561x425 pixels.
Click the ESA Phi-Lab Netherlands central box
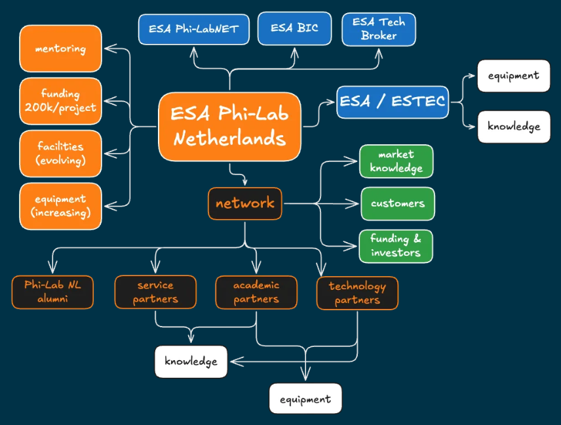pos(229,127)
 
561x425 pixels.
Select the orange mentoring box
pos(60,49)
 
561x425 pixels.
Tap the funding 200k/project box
pos(60,101)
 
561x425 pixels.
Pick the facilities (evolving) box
pos(60,153)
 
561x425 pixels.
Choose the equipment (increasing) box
pos(60,206)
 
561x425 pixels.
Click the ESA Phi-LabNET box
pos(193,30)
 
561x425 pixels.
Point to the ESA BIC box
pos(294,28)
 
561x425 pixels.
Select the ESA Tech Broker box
pos(379,30)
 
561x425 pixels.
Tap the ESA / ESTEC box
pos(392,102)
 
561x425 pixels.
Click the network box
pos(245,203)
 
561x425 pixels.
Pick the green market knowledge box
pos(396,161)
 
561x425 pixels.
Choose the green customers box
pos(397,203)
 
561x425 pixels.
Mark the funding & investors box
pos(396,246)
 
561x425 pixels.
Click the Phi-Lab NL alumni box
pos(52,293)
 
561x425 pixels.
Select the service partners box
pos(155,293)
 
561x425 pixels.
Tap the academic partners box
pos(256,293)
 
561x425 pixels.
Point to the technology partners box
pos(357,293)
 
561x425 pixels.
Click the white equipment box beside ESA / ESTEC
pos(513,75)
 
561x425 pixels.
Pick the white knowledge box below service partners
pos(191,361)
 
